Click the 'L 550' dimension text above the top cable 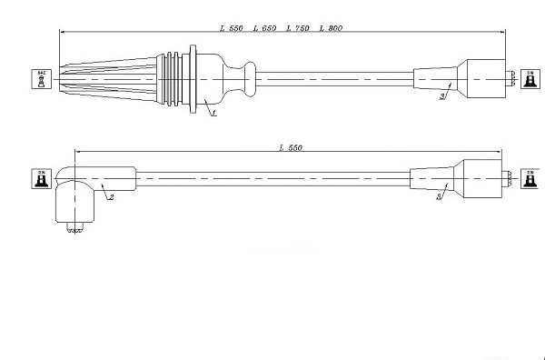pos(232,29)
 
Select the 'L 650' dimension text pos(265,29)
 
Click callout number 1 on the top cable pos(213,113)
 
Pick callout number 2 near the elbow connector pos(111,195)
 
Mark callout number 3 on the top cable pos(441,95)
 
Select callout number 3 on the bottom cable pos(440,195)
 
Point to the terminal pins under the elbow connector pos(74,232)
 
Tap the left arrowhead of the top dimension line pos(62,35)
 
